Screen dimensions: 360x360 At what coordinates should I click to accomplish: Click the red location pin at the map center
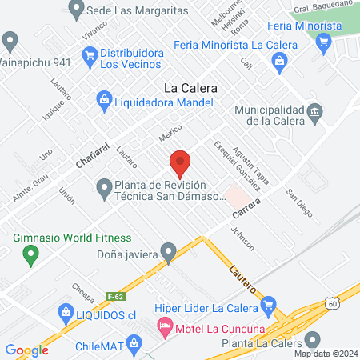tap(180, 164)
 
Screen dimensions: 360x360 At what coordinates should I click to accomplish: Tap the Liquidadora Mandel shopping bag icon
tap(103, 100)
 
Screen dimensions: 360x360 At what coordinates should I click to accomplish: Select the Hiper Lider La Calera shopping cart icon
tap(270, 305)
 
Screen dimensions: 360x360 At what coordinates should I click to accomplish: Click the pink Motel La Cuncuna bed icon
tap(165, 326)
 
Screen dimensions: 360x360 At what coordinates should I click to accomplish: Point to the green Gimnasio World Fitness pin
tap(31, 256)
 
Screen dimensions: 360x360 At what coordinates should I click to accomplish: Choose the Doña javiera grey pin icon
tap(168, 252)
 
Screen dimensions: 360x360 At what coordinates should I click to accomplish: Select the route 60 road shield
tap(333, 302)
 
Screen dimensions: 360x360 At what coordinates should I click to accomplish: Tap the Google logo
tap(26, 350)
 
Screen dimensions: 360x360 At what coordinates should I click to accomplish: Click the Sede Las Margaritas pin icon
tap(77, 10)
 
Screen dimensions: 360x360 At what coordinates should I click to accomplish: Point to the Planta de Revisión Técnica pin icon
tap(103, 190)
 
